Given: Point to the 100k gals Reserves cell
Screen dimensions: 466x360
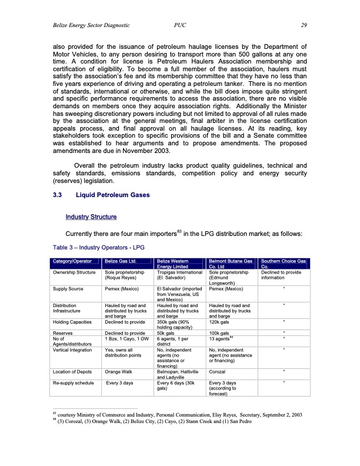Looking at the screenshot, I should point(221,333).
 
